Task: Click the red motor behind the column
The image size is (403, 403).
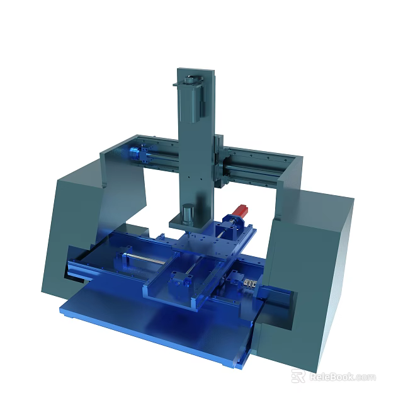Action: [241, 210]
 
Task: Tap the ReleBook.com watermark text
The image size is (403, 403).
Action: [342, 377]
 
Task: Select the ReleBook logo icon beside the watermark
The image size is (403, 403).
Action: [298, 377]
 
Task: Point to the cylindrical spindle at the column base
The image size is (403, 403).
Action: [188, 213]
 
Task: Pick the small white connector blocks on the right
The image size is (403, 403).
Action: [250, 285]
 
